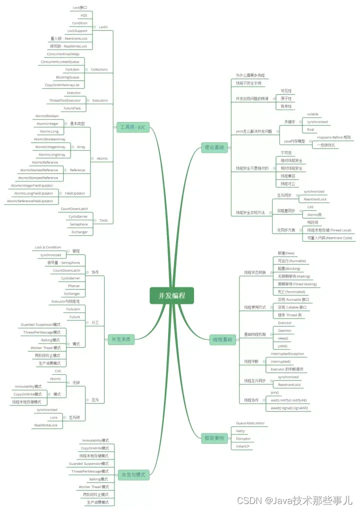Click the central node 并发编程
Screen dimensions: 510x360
(x=171, y=295)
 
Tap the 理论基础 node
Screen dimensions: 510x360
(x=214, y=147)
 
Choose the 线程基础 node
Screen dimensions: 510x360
(x=222, y=340)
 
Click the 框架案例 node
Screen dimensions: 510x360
(x=213, y=437)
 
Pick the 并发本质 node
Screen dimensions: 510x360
(x=122, y=339)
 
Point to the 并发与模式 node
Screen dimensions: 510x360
(x=132, y=474)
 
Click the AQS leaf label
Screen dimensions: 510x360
(x=83, y=16)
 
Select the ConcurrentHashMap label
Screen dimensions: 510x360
(x=63, y=54)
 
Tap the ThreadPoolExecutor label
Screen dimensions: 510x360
(x=64, y=100)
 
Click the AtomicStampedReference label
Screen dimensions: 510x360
(x=38, y=178)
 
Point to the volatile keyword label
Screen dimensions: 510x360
(x=312, y=114)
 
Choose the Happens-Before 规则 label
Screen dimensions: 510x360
(x=333, y=137)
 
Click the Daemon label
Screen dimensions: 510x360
(x=284, y=331)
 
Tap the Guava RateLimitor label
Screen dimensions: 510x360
(x=250, y=423)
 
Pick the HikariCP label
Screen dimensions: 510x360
(x=242, y=446)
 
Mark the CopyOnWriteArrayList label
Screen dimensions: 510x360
(x=62, y=85)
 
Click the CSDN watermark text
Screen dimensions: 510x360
(x=295, y=499)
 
